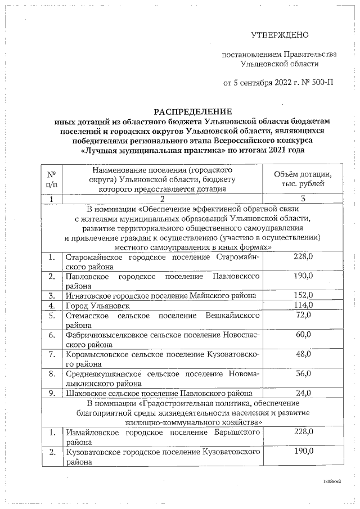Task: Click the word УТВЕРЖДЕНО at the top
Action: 280,35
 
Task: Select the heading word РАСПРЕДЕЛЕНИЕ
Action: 185,112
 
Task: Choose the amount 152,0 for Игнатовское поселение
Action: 303,295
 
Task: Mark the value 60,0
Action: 303,335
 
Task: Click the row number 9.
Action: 51,393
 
